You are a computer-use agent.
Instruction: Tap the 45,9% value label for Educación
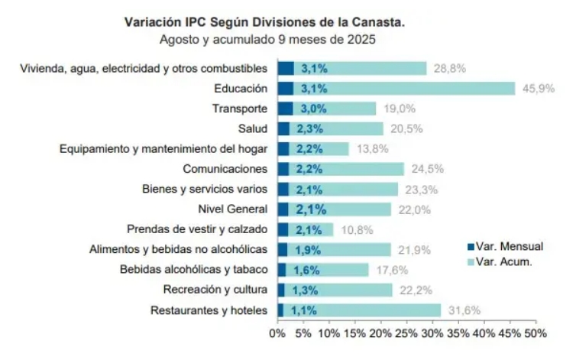[x=537, y=89]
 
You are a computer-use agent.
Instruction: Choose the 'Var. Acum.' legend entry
[x=503, y=261]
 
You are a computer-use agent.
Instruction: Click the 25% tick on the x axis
[x=406, y=334]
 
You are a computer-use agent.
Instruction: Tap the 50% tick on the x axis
[x=536, y=334]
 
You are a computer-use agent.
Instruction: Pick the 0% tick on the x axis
[x=277, y=334]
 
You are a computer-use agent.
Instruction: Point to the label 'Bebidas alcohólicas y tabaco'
[x=193, y=269]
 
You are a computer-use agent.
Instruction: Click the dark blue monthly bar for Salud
[x=283, y=128]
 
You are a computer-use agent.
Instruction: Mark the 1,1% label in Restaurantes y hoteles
[x=304, y=310]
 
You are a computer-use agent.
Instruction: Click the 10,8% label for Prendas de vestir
[x=355, y=229]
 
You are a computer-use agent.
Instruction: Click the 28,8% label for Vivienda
[x=449, y=68]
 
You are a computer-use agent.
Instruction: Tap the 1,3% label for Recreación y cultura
[x=306, y=290]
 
